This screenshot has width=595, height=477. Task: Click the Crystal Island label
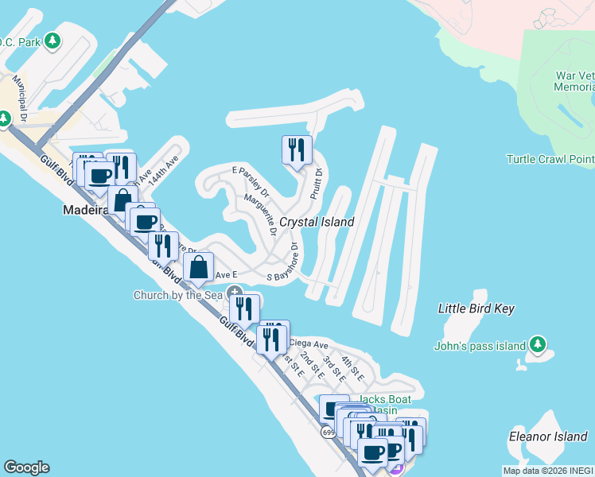(x=317, y=223)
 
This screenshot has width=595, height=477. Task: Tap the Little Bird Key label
(x=476, y=308)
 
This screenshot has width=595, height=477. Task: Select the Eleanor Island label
(x=548, y=436)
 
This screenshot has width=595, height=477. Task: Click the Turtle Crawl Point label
(x=550, y=159)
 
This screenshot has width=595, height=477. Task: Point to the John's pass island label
(x=480, y=346)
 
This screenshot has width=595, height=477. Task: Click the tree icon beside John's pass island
(x=539, y=344)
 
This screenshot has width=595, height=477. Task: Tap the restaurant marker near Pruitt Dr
(x=297, y=149)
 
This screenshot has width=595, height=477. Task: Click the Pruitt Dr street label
(x=316, y=184)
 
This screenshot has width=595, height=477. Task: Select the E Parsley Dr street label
(x=250, y=181)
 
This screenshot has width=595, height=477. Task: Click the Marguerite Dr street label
(x=260, y=215)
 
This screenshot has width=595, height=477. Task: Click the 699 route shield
(x=328, y=432)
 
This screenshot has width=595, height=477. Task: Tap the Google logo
(x=26, y=467)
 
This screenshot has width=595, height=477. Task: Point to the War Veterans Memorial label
(x=574, y=81)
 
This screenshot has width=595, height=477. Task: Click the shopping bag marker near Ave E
(x=198, y=268)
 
